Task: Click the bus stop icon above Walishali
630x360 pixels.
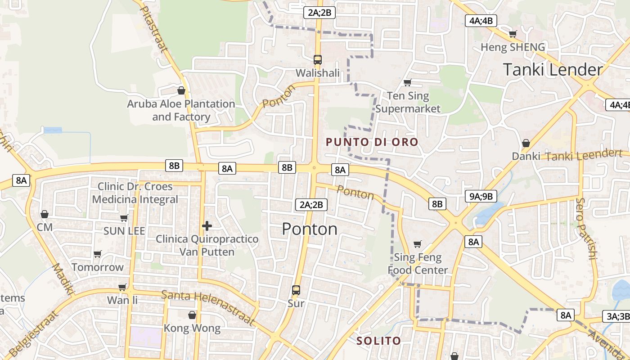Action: tap(317, 59)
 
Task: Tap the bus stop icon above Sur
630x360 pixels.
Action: tap(296, 290)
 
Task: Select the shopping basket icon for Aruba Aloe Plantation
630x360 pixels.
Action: tap(181, 90)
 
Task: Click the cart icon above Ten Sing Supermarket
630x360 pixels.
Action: tap(407, 82)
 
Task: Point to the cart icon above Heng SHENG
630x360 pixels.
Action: tap(513, 34)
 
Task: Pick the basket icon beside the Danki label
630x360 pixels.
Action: tap(526, 144)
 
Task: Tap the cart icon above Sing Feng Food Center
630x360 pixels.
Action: tap(417, 244)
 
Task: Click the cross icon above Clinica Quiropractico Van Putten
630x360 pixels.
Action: tap(207, 225)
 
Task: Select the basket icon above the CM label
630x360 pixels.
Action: tap(45, 214)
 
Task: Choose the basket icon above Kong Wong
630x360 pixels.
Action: tap(192, 315)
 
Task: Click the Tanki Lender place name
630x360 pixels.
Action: tap(552, 70)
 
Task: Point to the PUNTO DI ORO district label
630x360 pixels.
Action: tap(372, 142)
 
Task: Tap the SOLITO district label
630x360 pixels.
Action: tap(378, 341)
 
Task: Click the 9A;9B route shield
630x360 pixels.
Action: tap(481, 196)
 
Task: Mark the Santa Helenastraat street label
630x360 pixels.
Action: tap(207, 307)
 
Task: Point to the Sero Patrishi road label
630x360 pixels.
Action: tap(586, 229)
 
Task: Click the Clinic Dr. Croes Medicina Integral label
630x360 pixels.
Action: tap(135, 193)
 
